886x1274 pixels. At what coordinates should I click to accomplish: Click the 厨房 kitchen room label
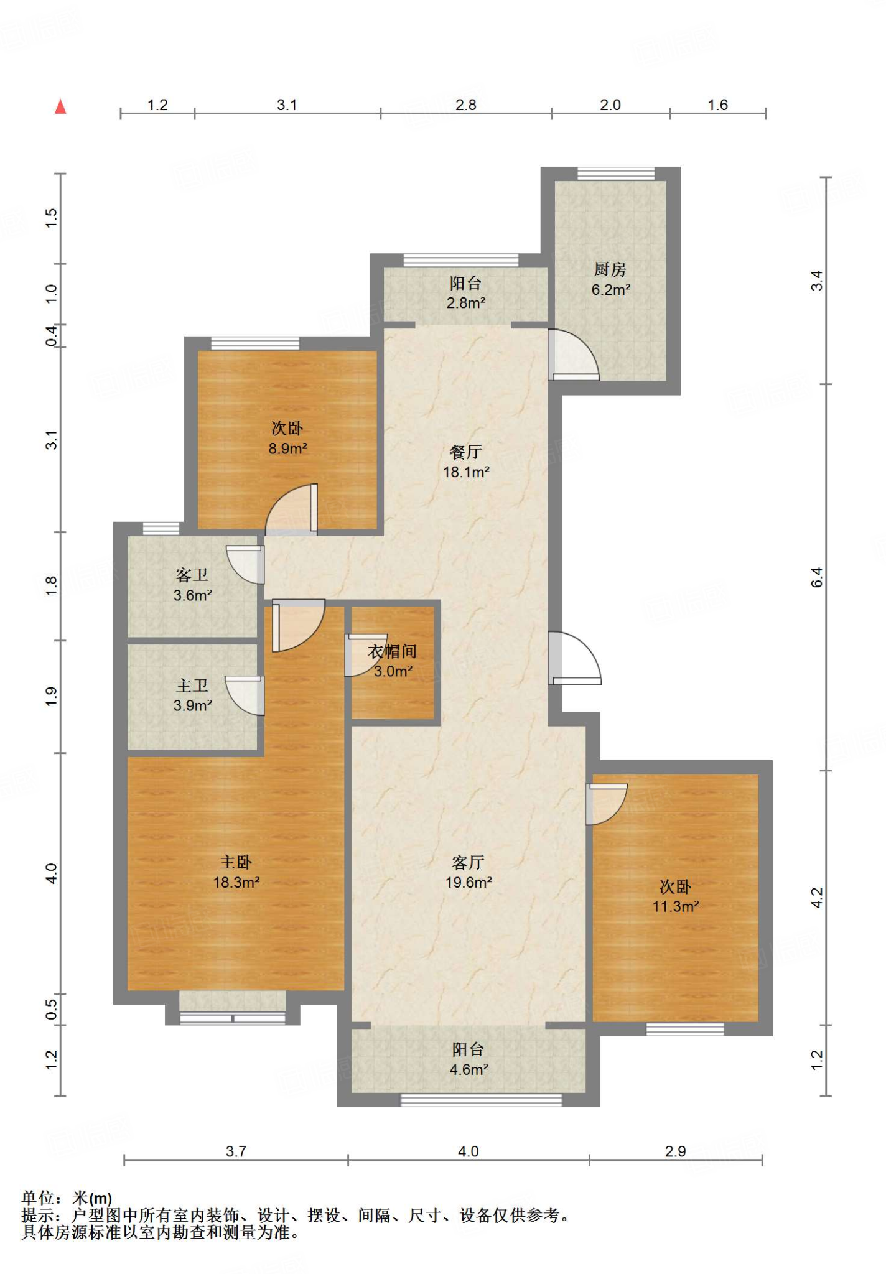pos(610,269)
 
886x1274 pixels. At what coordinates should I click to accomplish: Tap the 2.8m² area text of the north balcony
pos(466,303)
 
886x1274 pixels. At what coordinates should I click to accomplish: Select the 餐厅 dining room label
pos(466,452)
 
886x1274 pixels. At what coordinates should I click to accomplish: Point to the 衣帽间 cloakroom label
pos(393,651)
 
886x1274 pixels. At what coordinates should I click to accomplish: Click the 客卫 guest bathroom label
pos(192,575)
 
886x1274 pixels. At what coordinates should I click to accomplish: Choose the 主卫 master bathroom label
pos(192,686)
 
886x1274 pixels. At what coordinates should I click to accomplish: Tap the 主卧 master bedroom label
pos(236,862)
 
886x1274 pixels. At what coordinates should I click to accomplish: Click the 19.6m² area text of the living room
pos(469,882)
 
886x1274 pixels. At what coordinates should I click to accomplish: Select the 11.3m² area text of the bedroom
pos(676,906)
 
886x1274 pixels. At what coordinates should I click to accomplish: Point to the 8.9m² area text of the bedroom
pos(288,449)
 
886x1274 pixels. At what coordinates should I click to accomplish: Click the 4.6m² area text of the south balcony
pos(469,1069)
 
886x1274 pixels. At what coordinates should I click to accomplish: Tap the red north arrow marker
pos(60,106)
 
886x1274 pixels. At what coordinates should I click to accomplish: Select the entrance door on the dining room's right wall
pos(575,658)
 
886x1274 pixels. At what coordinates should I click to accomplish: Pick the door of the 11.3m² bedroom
pos(607,804)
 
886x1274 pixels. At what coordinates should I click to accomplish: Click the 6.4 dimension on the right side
pos(816,577)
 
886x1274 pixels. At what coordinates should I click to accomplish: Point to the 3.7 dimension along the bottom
pos(236,1151)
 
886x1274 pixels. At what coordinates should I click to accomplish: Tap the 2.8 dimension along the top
pos(465,105)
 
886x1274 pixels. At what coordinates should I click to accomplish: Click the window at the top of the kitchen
pos(616,174)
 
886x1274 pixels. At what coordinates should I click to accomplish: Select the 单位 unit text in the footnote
pos(38,1198)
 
